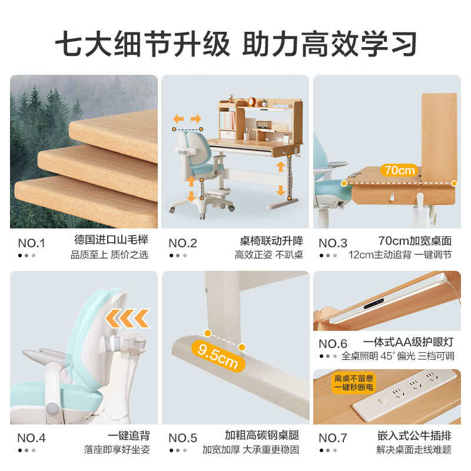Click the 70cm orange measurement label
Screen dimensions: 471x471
pyautogui.click(x=399, y=170)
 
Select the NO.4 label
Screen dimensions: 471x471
pyautogui.click(x=31, y=437)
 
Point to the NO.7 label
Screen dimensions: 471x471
pyautogui.click(x=333, y=437)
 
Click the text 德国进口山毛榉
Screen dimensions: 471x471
pyautogui.click(x=111, y=241)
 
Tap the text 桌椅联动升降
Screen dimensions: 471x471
pyautogui.click(x=271, y=241)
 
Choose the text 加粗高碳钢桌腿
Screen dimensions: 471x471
pyautogui.click(x=262, y=436)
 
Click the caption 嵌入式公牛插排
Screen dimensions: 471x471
pyautogui.click(x=414, y=436)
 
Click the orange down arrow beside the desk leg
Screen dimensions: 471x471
pyautogui.click(x=281, y=191)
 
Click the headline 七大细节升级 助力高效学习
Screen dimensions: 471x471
pyautogui.click(x=235, y=42)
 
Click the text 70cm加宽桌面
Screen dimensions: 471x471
pyautogui.click(x=414, y=241)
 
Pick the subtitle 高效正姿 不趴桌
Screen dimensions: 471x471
pyautogui.click(x=269, y=255)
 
